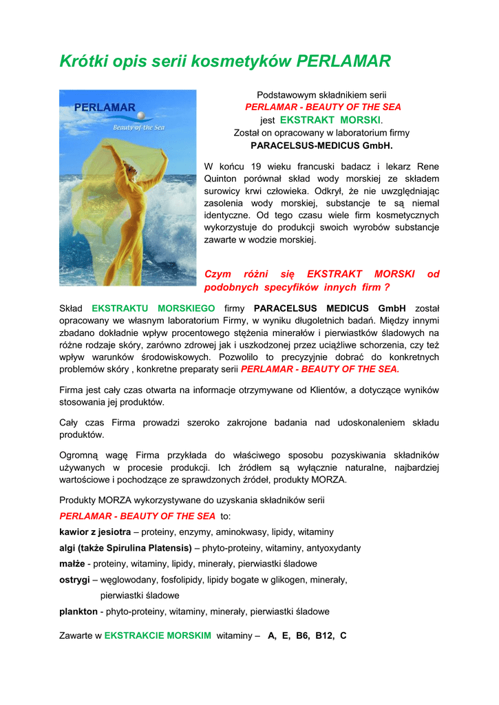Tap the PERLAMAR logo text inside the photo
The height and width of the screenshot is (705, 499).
(105, 107)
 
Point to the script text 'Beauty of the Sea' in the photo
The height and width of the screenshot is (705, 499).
(138, 127)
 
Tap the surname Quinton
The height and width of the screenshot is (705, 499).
(222, 179)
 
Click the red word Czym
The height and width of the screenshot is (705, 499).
(218, 274)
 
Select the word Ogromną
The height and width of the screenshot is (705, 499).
(80, 455)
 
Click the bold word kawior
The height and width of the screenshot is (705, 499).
(76, 532)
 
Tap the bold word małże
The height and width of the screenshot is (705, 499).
(72, 564)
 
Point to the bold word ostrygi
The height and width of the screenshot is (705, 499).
(74, 580)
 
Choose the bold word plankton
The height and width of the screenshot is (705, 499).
(78, 611)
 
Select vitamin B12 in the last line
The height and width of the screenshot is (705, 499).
(323, 635)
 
